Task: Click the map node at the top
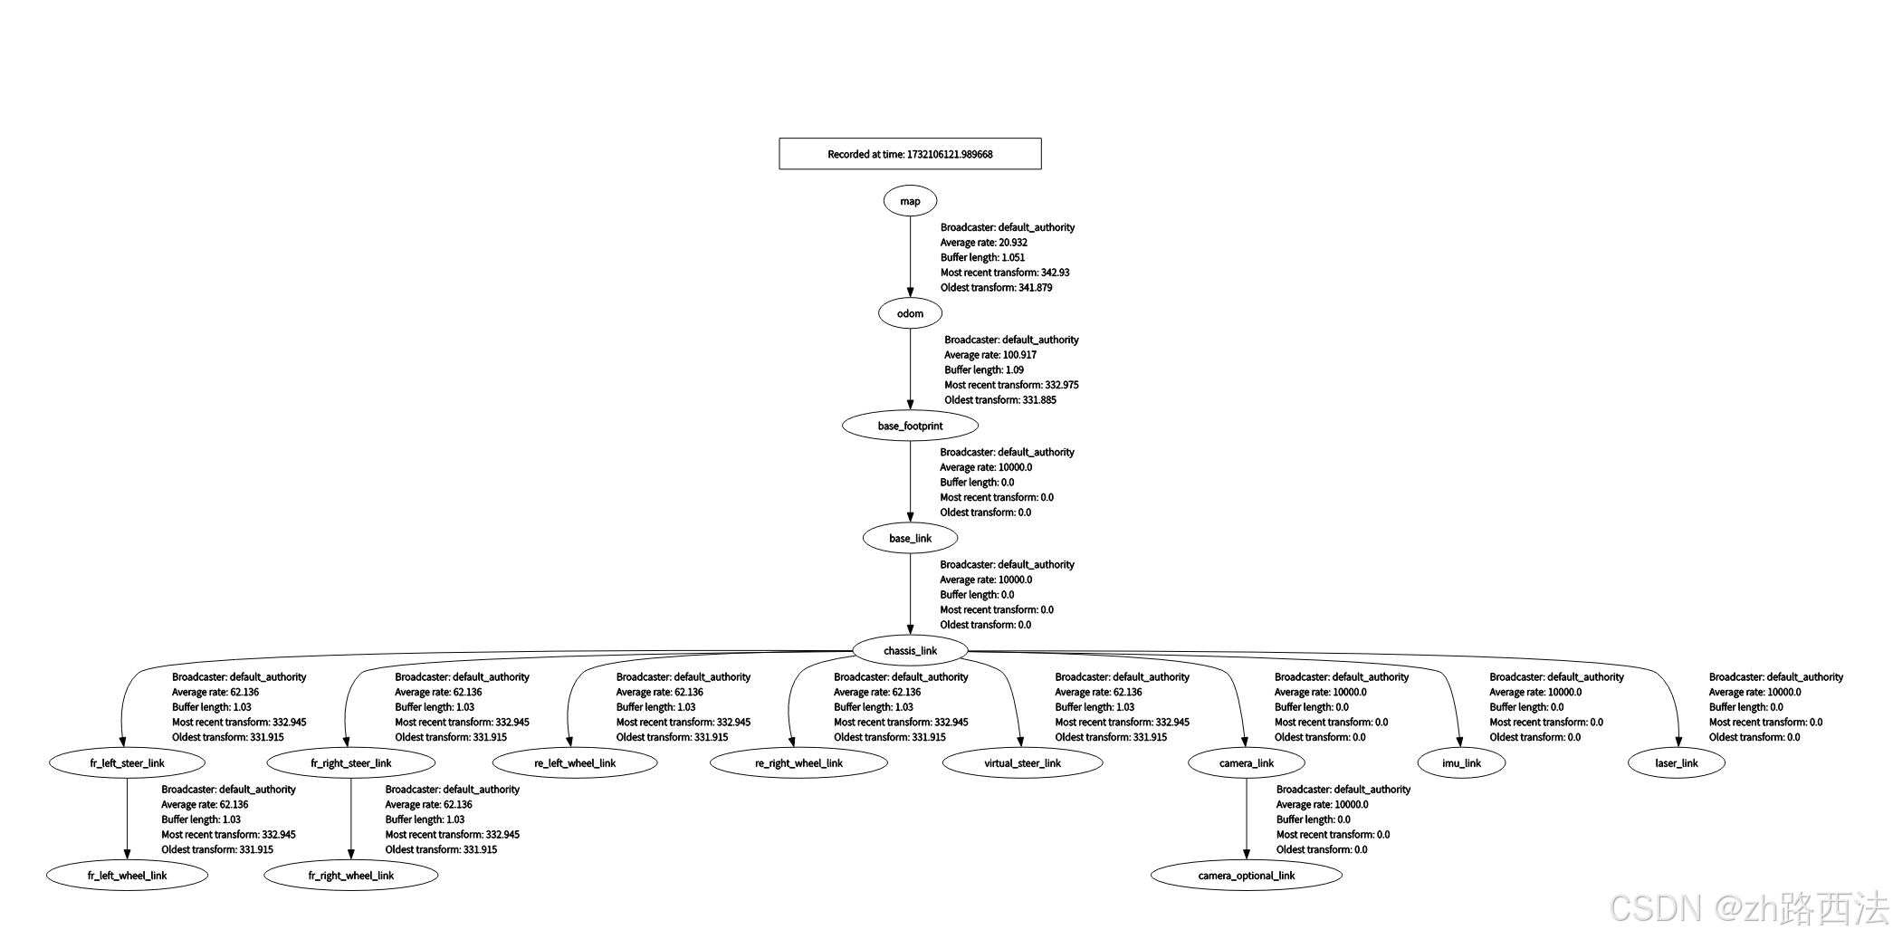tap(910, 201)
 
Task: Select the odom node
tap(910, 313)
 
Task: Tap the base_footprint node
tap(910, 426)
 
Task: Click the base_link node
tap(910, 538)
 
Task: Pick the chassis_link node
tap(910, 650)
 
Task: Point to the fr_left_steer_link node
tap(127, 762)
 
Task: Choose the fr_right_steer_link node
tap(351, 762)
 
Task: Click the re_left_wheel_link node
tap(575, 762)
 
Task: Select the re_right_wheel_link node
tap(798, 762)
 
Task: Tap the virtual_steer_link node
tap(1022, 762)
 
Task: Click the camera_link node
tap(1247, 762)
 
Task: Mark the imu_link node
tap(1461, 762)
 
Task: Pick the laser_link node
tap(1677, 762)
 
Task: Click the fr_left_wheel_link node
tap(127, 875)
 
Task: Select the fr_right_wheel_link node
tap(351, 875)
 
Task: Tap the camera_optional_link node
tap(1247, 875)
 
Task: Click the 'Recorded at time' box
tap(910, 154)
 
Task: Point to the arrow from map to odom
tap(910, 257)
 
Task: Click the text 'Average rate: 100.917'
tap(990, 355)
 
